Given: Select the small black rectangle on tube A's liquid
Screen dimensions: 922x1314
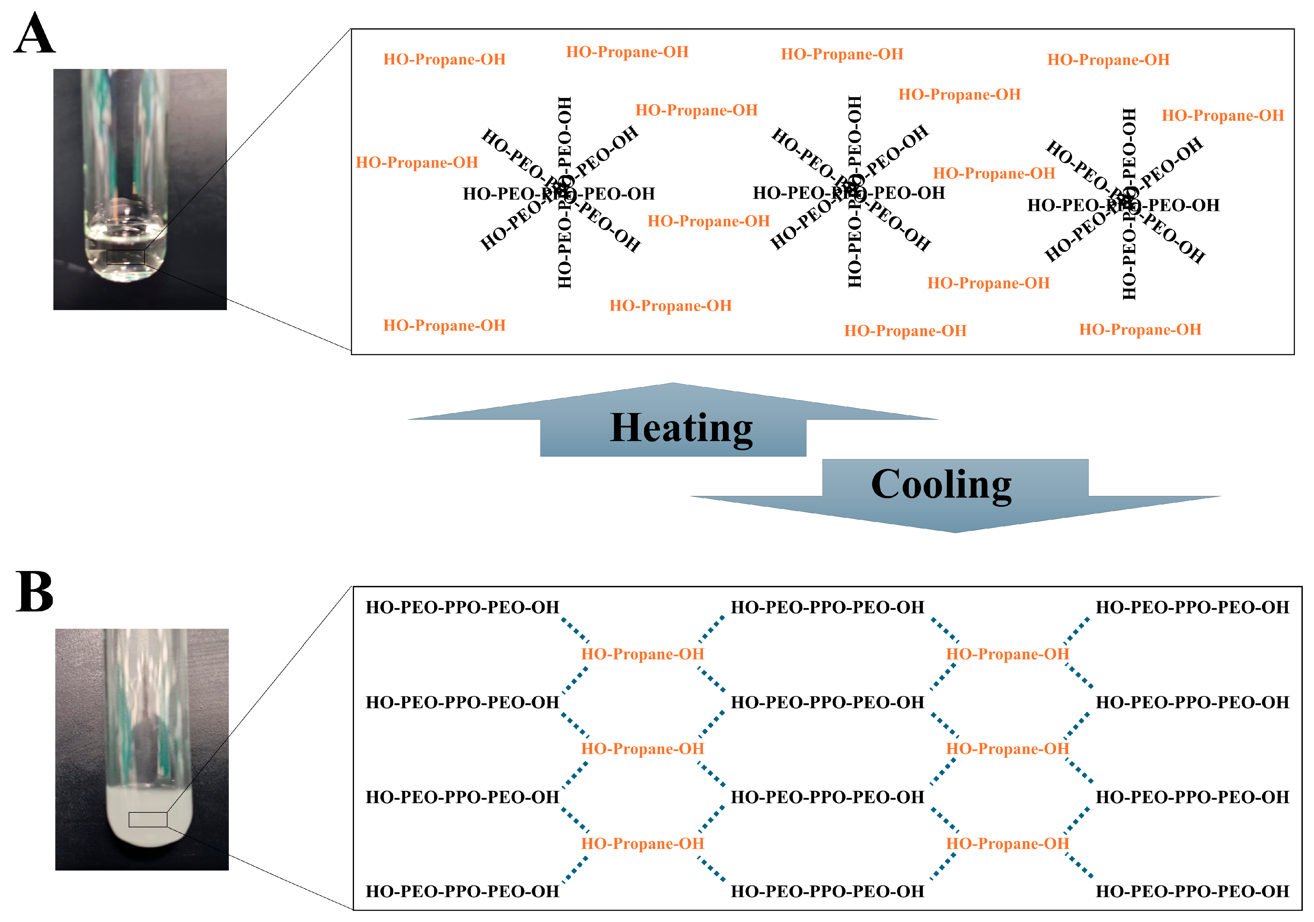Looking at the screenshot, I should (x=125, y=257).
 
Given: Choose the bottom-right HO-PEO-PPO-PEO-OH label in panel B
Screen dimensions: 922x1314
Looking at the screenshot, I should (x=1192, y=891).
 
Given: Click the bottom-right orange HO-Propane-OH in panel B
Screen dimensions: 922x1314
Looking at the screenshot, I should (x=1007, y=844).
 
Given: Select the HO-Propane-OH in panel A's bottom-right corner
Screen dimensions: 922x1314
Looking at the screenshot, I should (x=1140, y=330).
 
